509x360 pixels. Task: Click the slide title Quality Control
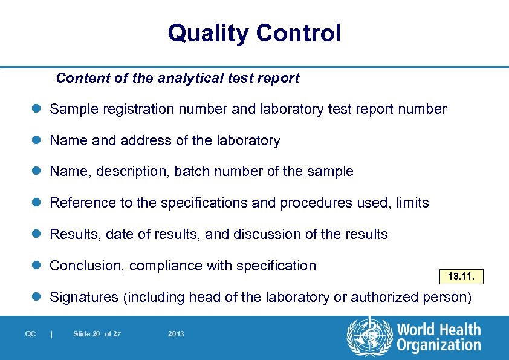coord(254,33)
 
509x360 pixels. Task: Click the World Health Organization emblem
coord(368,336)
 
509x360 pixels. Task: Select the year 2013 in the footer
coord(177,334)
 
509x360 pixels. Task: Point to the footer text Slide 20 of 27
coord(97,334)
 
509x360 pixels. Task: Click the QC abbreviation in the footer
coord(30,334)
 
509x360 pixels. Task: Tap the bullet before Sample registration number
coord(37,110)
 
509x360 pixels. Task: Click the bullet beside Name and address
coord(37,141)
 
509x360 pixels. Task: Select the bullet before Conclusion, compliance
coord(37,266)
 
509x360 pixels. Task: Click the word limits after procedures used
coord(412,203)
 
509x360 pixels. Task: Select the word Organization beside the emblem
coord(439,345)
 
